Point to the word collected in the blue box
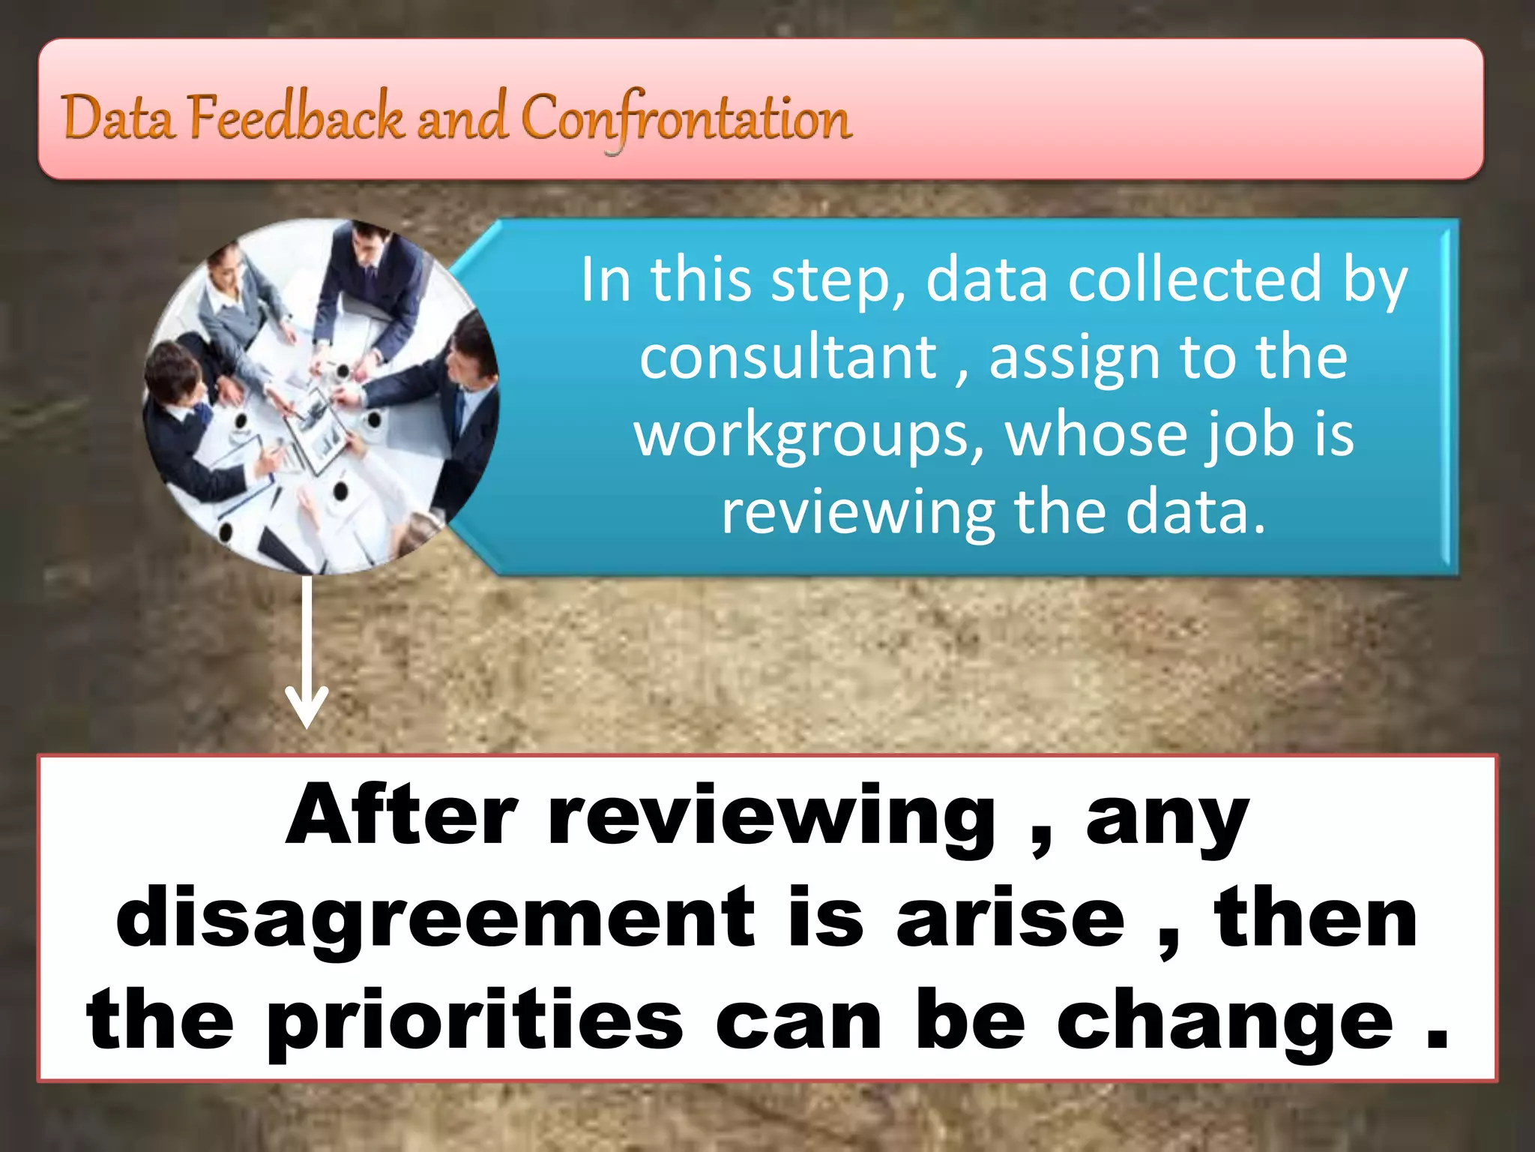click(x=1195, y=279)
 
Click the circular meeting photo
click(x=321, y=397)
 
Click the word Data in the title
click(x=117, y=118)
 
